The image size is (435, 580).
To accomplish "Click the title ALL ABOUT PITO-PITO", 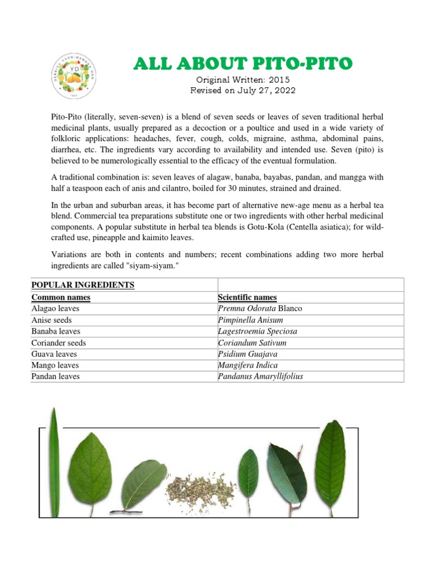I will (x=242, y=63).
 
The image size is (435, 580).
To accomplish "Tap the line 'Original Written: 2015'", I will (x=242, y=80).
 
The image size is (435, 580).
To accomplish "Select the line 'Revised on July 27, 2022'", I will (x=242, y=91).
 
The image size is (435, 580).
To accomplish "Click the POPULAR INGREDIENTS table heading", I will (x=83, y=285).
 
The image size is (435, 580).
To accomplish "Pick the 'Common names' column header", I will (x=61, y=297).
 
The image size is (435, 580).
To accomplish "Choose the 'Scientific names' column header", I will (x=248, y=297).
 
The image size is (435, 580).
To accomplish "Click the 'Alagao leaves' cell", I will (x=56, y=309).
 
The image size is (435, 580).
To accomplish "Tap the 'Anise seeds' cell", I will (x=52, y=320).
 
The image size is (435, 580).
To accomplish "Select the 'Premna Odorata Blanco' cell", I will (x=260, y=309).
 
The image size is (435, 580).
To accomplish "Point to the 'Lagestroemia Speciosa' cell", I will (x=258, y=331).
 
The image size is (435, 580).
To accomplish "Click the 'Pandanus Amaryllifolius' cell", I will (x=261, y=377).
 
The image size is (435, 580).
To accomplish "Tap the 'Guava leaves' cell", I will (x=54, y=354).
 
